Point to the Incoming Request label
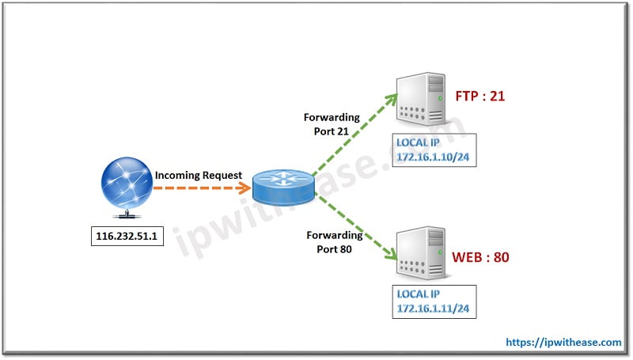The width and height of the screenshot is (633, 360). tap(198, 175)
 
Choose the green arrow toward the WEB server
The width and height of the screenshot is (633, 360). tap(353, 230)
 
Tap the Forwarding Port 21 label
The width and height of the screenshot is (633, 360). tap(332, 124)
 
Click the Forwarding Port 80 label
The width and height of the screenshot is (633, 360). tap(332, 242)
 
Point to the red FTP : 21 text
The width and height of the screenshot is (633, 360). tap(479, 97)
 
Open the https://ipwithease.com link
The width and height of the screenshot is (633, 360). tap(563, 342)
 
